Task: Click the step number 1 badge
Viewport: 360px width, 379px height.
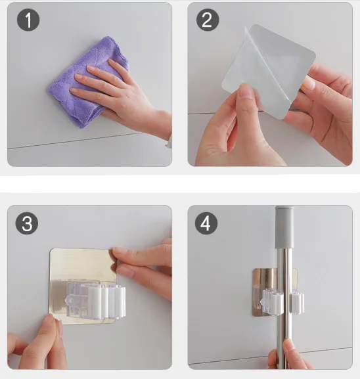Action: tap(28, 20)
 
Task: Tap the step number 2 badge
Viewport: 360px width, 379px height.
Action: tap(208, 20)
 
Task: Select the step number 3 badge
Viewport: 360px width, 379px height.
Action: tap(27, 223)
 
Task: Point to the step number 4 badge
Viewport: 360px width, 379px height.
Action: tap(206, 223)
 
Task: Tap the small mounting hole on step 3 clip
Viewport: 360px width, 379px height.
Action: tap(70, 301)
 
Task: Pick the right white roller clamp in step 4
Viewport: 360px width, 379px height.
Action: tap(297, 302)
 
